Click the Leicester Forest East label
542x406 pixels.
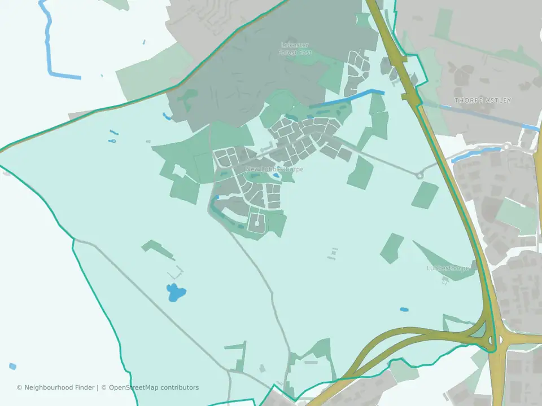[x=296, y=48]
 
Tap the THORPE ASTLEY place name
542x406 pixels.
[x=483, y=100]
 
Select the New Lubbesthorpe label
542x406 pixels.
[x=274, y=169]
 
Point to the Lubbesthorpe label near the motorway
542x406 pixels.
[x=448, y=268]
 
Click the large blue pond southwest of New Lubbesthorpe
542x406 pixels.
[x=176, y=292]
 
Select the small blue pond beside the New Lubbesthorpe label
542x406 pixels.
[x=276, y=176]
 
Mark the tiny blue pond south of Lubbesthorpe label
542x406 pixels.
[x=404, y=310]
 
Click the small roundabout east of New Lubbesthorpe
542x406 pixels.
[x=419, y=175]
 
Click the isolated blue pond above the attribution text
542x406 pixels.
[x=12, y=366]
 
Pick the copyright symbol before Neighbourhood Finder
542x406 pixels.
[x=19, y=387]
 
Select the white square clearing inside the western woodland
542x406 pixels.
[x=179, y=170]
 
